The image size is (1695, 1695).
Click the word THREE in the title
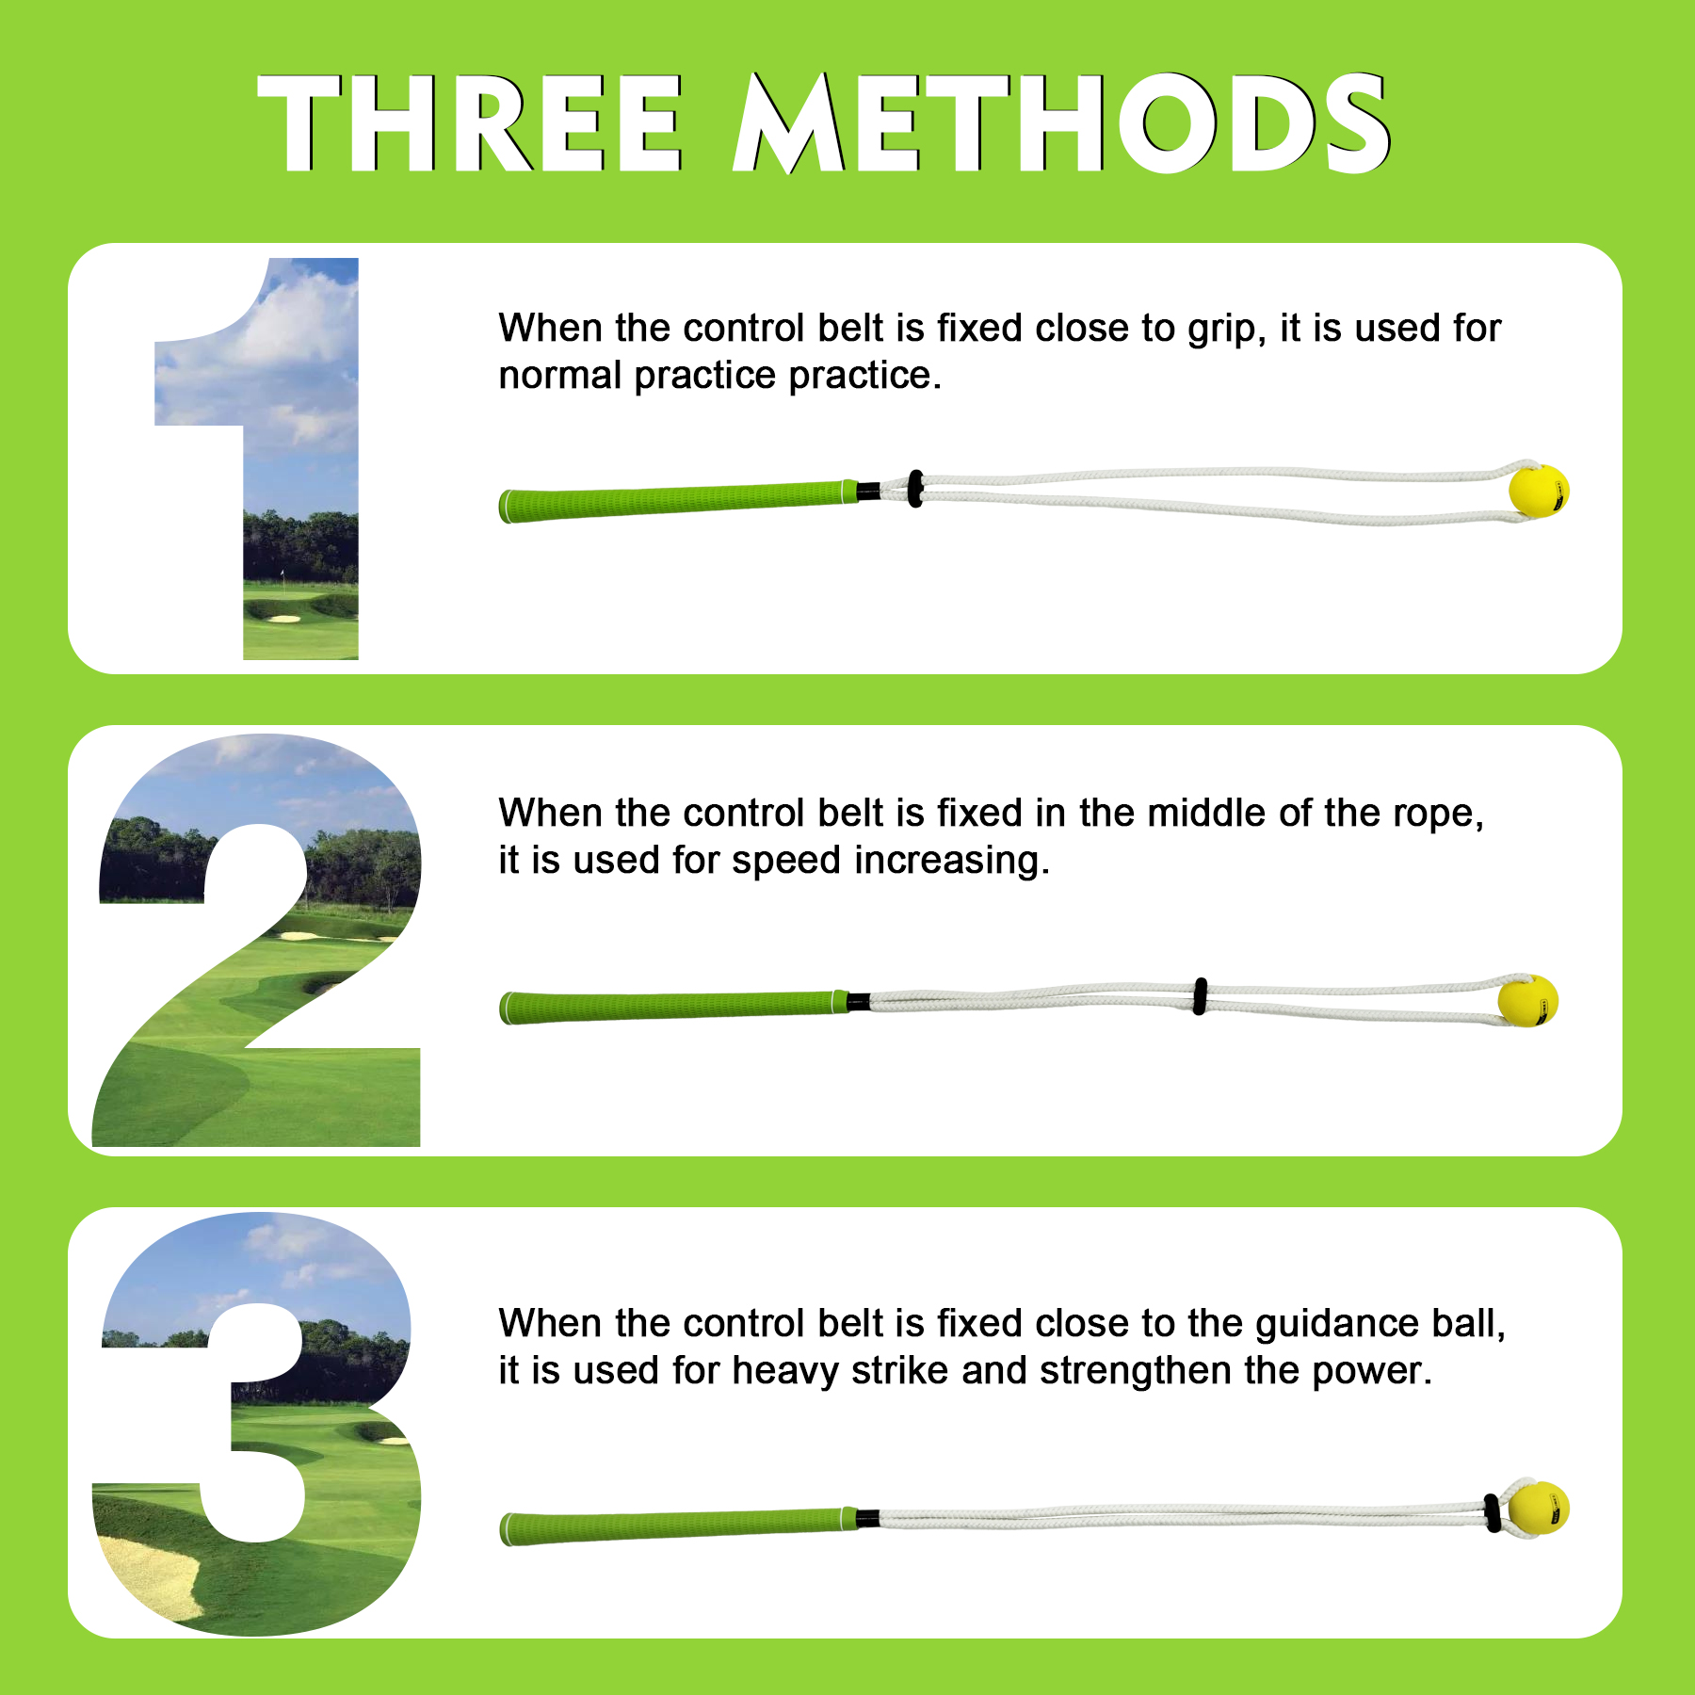pos(470,123)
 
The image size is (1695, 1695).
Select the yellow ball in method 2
pos(1527,1001)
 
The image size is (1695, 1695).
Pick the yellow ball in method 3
pos(1538,1509)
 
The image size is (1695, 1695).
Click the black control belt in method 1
pos(915,489)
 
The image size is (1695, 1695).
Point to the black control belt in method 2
pos(1200,996)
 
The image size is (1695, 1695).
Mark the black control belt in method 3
pos(1492,1512)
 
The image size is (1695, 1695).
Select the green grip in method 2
pos(673,1007)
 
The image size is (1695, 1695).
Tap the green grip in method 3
pos(678,1525)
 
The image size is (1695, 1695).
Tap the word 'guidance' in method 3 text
pos(1336,1324)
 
